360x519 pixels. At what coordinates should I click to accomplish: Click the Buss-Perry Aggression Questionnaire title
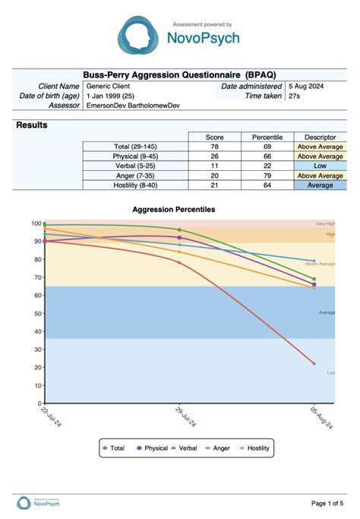click(179, 74)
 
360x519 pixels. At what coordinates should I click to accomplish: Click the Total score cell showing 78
click(214, 147)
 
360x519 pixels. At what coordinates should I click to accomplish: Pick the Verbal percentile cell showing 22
click(267, 166)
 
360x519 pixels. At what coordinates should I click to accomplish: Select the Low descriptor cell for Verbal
click(320, 166)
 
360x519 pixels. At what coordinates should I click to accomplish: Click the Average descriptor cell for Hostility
click(320, 185)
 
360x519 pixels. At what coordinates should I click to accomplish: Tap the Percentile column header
click(267, 137)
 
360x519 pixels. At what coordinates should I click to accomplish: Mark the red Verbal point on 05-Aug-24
click(314, 363)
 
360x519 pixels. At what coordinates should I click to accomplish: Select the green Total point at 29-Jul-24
click(179, 229)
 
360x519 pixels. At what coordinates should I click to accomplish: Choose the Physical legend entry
click(152, 448)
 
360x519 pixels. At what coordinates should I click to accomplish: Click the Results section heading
click(32, 125)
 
